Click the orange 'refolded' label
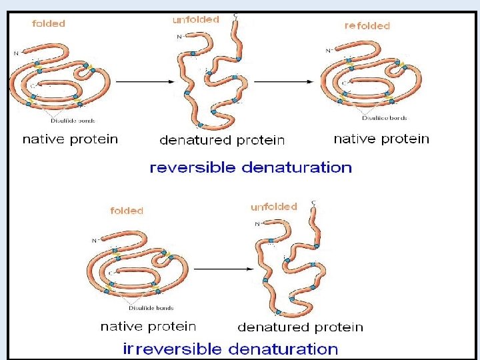click(x=367, y=26)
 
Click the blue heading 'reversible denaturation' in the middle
click(x=251, y=167)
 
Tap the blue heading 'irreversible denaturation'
click(x=231, y=349)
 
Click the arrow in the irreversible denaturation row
click(x=221, y=269)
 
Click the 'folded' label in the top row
click(x=49, y=23)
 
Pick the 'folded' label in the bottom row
click(x=127, y=211)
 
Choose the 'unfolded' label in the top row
click(x=196, y=20)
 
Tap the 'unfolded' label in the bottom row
click(x=274, y=207)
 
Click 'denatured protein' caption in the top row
click(x=222, y=141)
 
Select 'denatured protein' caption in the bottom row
click(x=300, y=327)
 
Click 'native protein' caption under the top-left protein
click(x=70, y=139)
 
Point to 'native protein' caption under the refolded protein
click(x=381, y=139)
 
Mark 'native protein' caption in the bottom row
click(x=148, y=327)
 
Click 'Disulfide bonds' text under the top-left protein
click(x=73, y=121)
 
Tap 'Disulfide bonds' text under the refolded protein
click(x=385, y=118)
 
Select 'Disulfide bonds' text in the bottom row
click(x=151, y=308)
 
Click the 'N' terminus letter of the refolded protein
click(x=328, y=50)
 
